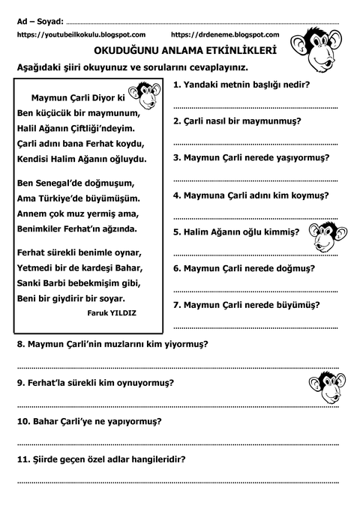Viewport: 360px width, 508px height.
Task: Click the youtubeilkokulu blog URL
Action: pos(81,34)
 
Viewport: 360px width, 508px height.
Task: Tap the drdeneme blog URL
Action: pos(225,34)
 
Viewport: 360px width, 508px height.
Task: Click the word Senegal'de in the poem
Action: pos(75,183)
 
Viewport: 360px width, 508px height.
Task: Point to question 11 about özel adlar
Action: pos(101,459)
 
